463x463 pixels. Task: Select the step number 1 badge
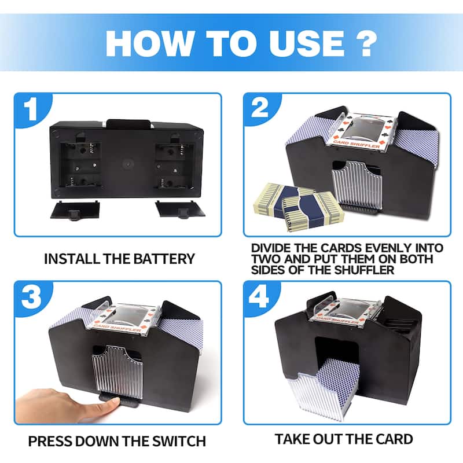coord(32,110)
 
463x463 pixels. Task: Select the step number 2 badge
coord(260,109)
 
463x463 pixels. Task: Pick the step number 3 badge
coord(32,297)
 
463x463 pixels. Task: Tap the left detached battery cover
coord(75,210)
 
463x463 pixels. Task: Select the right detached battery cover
coord(180,209)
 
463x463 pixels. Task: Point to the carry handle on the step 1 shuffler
coord(128,124)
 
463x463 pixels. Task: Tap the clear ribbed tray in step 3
coord(117,373)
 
